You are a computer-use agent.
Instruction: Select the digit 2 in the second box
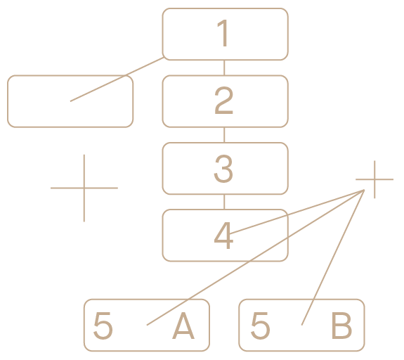pyautogui.click(x=223, y=100)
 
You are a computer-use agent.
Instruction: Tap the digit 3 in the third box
pyautogui.click(x=223, y=169)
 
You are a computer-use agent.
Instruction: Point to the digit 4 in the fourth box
pyautogui.click(x=223, y=236)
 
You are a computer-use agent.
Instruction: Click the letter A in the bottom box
pyautogui.click(x=183, y=326)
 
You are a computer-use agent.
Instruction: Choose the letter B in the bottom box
pyautogui.click(x=341, y=326)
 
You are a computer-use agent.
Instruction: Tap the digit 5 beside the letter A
pyautogui.click(x=103, y=326)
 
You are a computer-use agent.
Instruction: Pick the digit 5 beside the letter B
pyautogui.click(x=260, y=326)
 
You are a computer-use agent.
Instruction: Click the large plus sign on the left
pyautogui.click(x=84, y=188)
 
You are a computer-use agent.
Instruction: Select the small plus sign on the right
pyautogui.click(x=374, y=179)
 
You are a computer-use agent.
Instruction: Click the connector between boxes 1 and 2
pyautogui.click(x=224, y=67)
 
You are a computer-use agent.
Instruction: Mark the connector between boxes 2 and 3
pyautogui.click(x=224, y=135)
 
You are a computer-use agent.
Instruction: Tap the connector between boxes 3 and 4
pyautogui.click(x=224, y=202)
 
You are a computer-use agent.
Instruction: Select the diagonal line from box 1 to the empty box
pyautogui.click(x=117, y=79)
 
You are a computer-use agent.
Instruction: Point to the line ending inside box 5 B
pyautogui.click(x=333, y=257)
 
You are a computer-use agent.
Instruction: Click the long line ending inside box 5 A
pyautogui.click(x=255, y=257)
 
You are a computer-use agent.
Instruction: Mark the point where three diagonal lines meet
pyautogui.click(x=364, y=191)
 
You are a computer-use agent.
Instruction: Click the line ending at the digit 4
pyautogui.click(x=297, y=212)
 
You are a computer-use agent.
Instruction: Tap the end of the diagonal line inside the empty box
pyautogui.click(x=70, y=101)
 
